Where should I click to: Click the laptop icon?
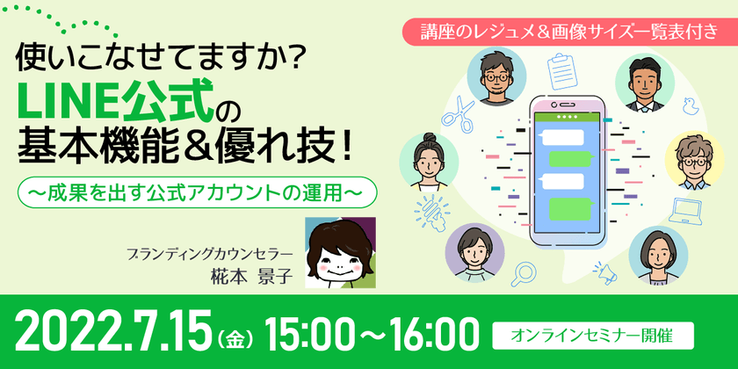[689, 209]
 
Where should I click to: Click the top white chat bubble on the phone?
[562, 137]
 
